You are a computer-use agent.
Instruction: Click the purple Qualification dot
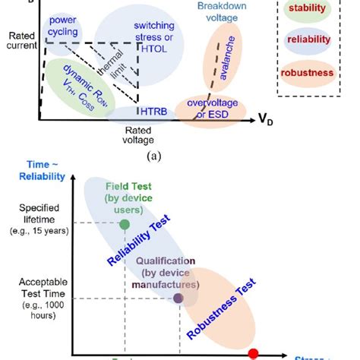[x=178, y=298]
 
